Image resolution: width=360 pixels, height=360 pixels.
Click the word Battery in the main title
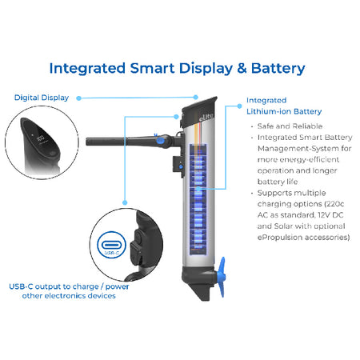coord(278,69)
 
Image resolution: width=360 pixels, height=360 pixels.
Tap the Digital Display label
coord(42,98)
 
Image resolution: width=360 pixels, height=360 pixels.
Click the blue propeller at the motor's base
coord(221,277)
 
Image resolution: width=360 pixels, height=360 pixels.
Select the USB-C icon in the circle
coord(111,245)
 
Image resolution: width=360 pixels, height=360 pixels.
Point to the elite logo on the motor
coord(206,117)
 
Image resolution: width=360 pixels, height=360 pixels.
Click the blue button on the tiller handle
coord(160,141)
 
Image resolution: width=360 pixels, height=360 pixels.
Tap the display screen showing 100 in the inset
coord(41,138)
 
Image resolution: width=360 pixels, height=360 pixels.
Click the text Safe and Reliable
coord(290,126)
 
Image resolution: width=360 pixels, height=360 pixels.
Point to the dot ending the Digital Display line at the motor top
coord(195,98)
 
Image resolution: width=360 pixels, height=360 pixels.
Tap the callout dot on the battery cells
coord(198,189)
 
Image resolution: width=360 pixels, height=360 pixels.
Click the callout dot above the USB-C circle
coord(125,202)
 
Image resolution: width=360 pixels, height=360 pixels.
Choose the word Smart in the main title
coord(152,68)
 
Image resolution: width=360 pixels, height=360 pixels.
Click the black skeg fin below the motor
coord(202,291)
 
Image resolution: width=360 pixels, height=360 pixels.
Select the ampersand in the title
coord(242,68)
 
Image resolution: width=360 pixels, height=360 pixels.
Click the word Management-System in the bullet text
coord(298,149)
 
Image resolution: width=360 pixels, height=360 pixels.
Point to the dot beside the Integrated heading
coord(239,106)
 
